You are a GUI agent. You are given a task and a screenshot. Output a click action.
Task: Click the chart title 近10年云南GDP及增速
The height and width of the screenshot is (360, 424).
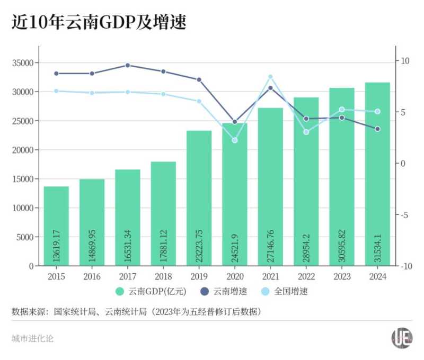pos(99,22)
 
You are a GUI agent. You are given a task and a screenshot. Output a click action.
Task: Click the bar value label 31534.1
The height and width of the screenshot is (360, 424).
pos(378,244)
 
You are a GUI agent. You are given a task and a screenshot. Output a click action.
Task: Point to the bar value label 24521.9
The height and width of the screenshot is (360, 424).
pos(235,244)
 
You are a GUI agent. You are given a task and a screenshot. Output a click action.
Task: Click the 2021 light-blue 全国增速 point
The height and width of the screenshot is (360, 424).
pos(270,77)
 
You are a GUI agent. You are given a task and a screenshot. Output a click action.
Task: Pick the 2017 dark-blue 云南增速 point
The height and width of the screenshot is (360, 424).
pos(128,65)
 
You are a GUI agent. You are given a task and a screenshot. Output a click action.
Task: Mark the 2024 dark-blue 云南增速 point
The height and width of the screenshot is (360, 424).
pos(377,129)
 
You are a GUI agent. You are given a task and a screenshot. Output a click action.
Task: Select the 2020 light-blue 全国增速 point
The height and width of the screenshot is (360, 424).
pos(235,140)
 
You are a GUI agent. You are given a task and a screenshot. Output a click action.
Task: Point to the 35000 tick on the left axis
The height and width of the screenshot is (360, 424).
pos(23,62)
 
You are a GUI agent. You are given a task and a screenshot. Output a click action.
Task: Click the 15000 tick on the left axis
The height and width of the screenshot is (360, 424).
pos(23,179)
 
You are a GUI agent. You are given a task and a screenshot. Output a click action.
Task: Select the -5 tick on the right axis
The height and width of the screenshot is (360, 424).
pos(404,215)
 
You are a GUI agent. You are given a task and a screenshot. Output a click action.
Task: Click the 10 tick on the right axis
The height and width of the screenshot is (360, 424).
pos(405,61)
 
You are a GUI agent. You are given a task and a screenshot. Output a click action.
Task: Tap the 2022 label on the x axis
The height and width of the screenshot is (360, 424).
pos(306,276)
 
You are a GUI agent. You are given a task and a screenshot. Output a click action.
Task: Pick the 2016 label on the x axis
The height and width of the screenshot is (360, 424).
pos(92,276)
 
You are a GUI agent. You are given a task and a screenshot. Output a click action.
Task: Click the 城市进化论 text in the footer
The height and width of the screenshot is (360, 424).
pos(32,338)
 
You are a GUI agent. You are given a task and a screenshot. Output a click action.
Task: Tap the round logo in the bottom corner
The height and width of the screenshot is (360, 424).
pos(402,338)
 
